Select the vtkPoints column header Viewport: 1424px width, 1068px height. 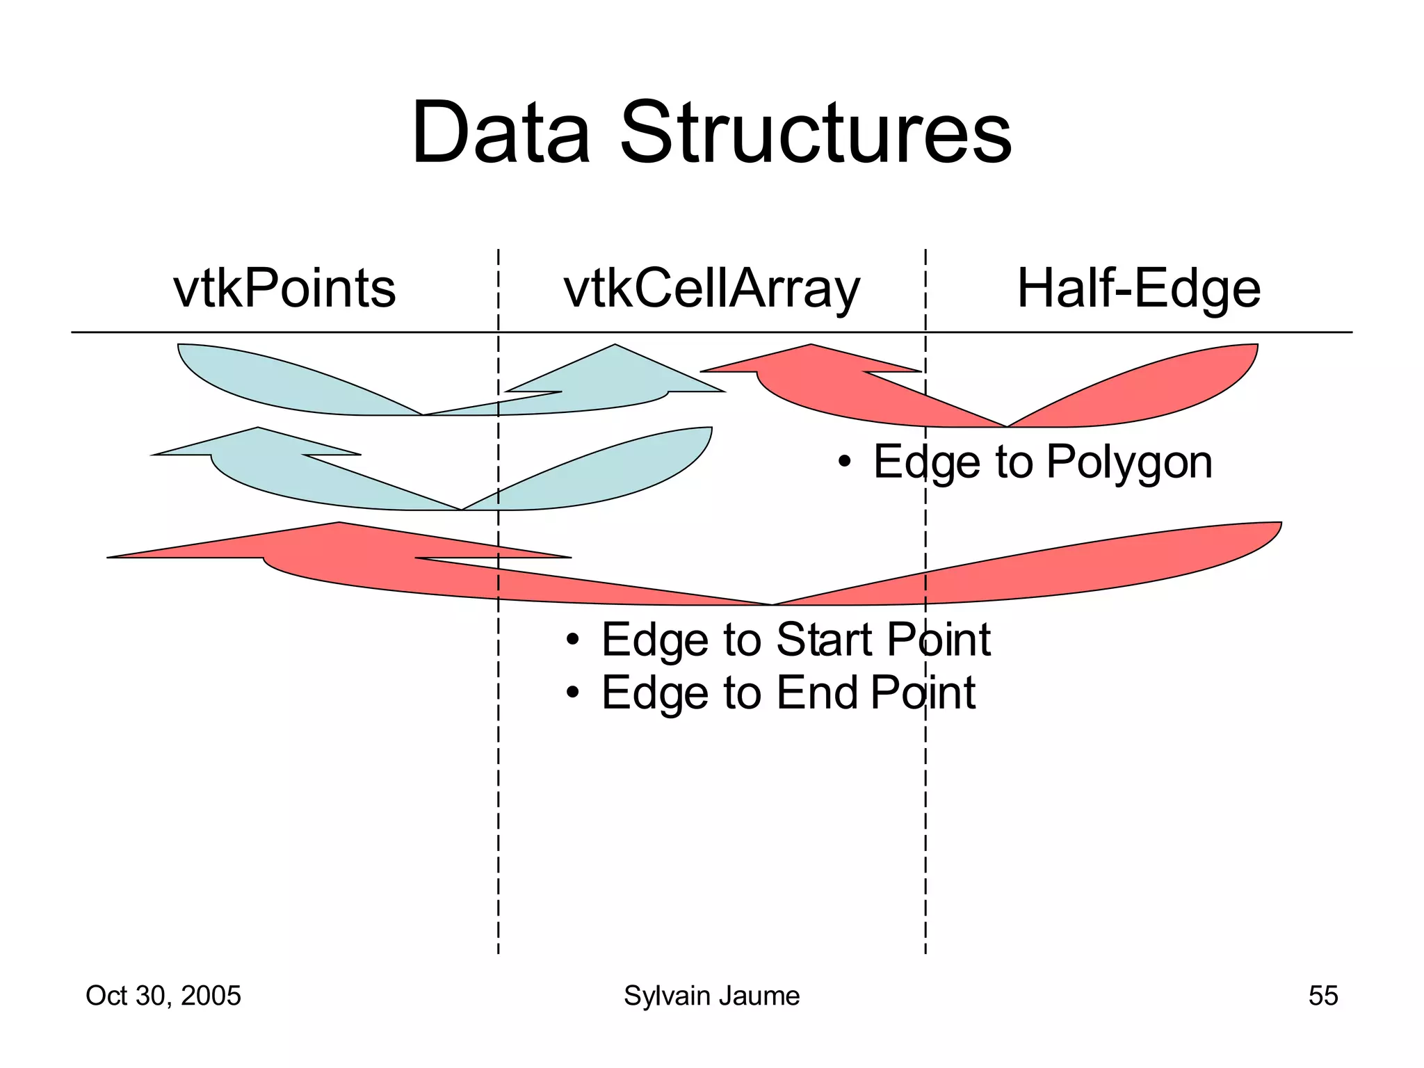tap(284, 289)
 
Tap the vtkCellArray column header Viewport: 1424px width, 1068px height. tap(711, 289)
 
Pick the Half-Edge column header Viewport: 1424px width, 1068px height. tap(1138, 289)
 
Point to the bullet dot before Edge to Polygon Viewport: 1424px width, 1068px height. tap(844, 462)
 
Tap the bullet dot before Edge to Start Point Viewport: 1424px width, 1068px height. tap(572, 639)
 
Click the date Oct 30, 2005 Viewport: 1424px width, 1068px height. tap(163, 996)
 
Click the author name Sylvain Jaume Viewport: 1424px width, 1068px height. tap(711, 996)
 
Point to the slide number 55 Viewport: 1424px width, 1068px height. tap(1322, 996)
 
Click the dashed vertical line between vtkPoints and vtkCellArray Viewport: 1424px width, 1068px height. tap(498, 765)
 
